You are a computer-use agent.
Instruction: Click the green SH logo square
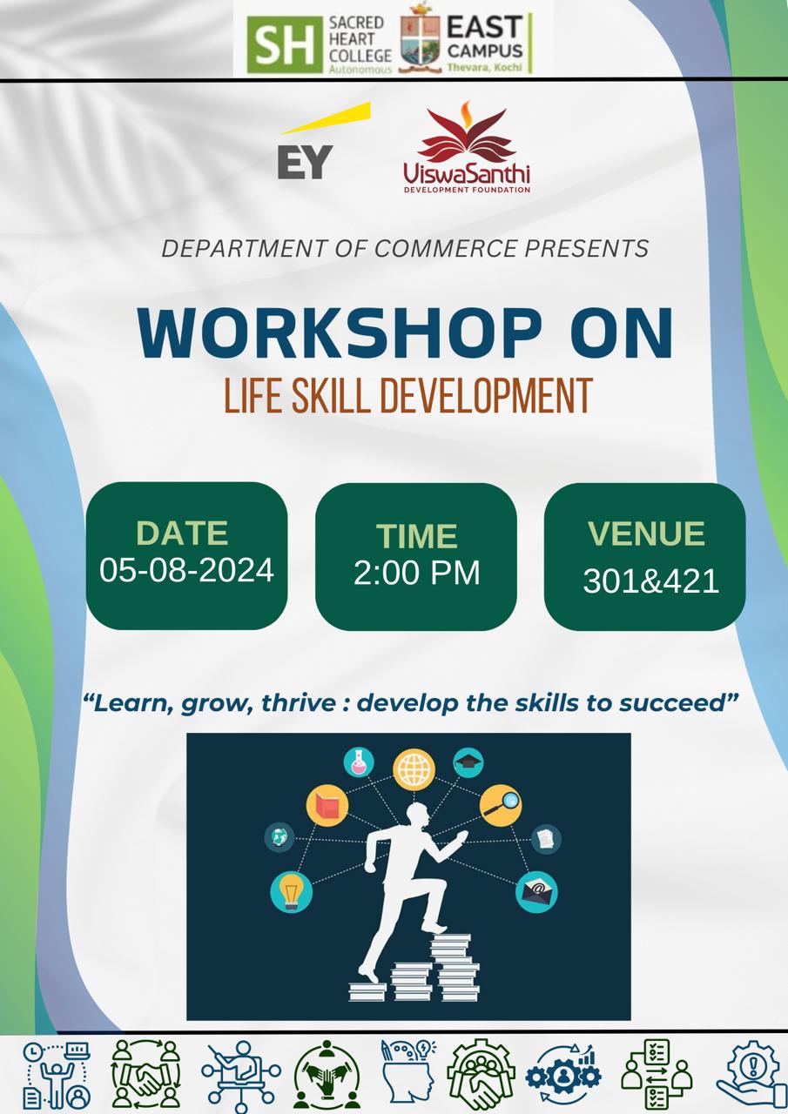pyautogui.click(x=285, y=44)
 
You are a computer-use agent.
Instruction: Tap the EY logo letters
pyautogui.click(x=305, y=162)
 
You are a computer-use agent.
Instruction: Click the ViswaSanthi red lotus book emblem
pyautogui.click(x=467, y=131)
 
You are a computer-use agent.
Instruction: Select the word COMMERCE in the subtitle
pyautogui.click(x=445, y=248)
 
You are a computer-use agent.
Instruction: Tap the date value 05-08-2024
pyautogui.click(x=186, y=569)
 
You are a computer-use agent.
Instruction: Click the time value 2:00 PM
pyautogui.click(x=417, y=573)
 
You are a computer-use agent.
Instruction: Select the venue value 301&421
pyautogui.click(x=651, y=580)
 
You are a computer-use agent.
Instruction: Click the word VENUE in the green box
pyautogui.click(x=646, y=534)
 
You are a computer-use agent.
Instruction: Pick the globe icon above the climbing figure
pyautogui.click(x=414, y=769)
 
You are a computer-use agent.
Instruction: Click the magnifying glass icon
pyautogui.click(x=501, y=805)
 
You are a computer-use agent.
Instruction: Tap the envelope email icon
pyautogui.click(x=536, y=892)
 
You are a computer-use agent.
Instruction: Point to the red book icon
pyautogui.click(x=327, y=806)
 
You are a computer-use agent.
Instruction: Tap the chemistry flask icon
pyautogui.click(x=359, y=763)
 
